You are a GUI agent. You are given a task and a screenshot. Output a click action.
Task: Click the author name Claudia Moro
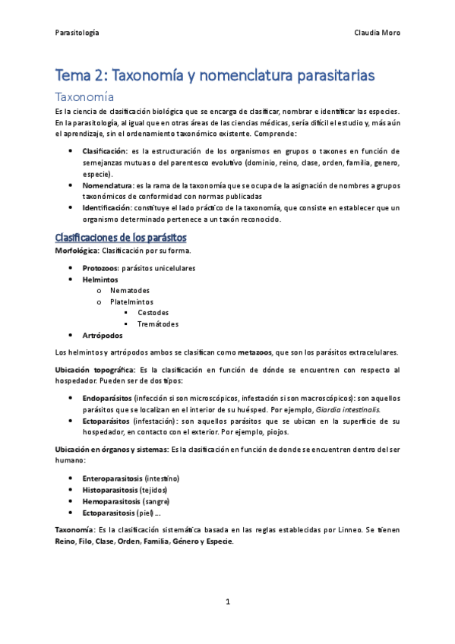pyautogui.click(x=377, y=33)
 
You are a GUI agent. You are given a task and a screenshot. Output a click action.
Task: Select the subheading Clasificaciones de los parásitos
pyautogui.click(x=121, y=238)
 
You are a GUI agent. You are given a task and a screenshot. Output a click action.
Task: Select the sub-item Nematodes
pyautogui.click(x=129, y=290)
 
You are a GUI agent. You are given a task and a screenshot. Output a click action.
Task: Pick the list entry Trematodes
pyautogui.click(x=158, y=324)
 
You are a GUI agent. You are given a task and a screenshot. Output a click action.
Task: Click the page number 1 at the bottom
pyautogui.click(x=227, y=601)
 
